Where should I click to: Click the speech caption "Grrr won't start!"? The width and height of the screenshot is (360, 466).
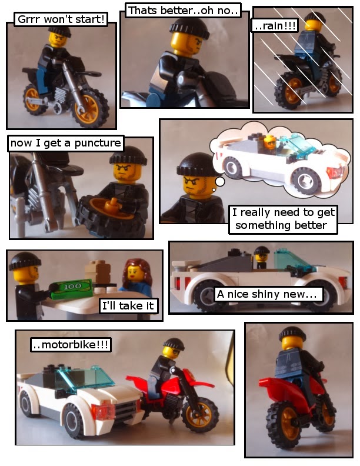point(62,19)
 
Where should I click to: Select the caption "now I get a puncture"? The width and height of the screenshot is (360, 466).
point(65,143)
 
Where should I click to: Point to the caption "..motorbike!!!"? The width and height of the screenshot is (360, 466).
point(71,345)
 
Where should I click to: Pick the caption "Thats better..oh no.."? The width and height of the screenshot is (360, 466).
point(183,11)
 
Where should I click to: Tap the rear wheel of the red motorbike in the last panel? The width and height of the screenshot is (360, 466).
point(284,425)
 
